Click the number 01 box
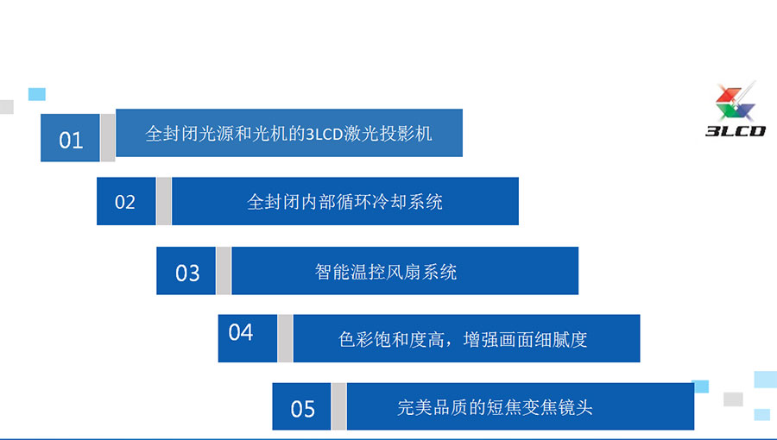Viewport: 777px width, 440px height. tap(70, 137)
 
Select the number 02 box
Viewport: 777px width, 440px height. tap(126, 201)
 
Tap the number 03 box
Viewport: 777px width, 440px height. tap(186, 271)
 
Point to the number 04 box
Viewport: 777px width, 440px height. tap(247, 338)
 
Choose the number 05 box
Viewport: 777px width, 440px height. tap(301, 406)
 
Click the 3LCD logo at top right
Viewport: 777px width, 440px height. tap(736, 110)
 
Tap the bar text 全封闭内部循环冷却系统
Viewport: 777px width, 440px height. tap(344, 202)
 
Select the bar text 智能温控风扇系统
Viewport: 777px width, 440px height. tap(386, 272)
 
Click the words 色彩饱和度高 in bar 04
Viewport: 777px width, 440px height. tap(391, 340)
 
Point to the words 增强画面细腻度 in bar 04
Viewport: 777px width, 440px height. tap(525, 340)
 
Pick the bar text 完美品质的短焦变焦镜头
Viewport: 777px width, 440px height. tap(495, 408)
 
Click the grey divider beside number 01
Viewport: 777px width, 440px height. tap(108, 137)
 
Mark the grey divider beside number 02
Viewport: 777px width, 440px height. tap(164, 201)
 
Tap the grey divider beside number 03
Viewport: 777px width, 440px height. tap(224, 271)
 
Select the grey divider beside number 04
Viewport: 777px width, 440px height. tap(285, 338)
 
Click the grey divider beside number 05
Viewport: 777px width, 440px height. tap(339, 406)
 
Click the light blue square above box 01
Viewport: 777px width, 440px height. tap(36, 94)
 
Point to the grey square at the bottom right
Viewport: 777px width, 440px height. tap(733, 399)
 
